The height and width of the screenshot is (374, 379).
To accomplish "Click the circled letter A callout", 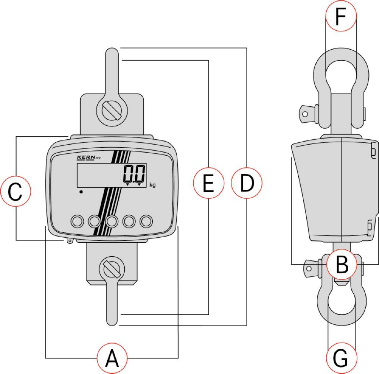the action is click(112, 358).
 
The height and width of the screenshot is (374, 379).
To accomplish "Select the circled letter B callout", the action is click(341, 264).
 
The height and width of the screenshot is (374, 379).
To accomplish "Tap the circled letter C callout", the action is click(16, 191).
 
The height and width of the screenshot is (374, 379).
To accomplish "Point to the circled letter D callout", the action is click(247, 183).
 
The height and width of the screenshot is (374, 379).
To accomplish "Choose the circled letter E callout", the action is click(208, 183).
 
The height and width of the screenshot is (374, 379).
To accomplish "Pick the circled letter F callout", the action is click(341, 16).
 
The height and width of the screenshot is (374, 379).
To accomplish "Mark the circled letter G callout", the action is click(341, 358).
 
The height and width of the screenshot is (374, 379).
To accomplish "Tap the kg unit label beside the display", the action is click(152, 185).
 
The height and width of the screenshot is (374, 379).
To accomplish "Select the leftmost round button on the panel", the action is click(77, 221).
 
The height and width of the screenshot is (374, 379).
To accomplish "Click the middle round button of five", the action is click(112, 221).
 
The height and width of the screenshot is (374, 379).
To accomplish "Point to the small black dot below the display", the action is click(81, 192).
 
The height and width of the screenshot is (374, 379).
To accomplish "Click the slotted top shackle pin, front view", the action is click(112, 111).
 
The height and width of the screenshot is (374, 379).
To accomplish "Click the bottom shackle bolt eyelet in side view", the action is click(309, 268).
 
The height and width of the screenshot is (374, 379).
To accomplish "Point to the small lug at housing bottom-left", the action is click(70, 241).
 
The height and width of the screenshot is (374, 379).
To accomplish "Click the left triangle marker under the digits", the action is click(127, 185).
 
